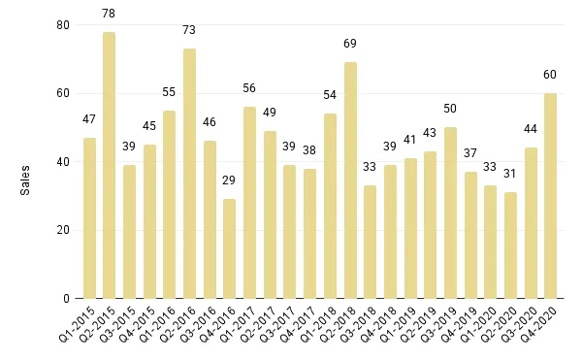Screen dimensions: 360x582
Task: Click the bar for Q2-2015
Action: point(110,165)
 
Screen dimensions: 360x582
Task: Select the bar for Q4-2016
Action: point(230,248)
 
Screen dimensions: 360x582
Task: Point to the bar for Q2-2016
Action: point(190,174)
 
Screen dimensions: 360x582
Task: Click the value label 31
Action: point(510,176)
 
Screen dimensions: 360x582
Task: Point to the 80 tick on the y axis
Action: point(64,25)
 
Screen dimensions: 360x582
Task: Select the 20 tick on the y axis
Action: point(64,230)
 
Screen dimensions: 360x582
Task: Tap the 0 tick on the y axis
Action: point(67,299)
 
